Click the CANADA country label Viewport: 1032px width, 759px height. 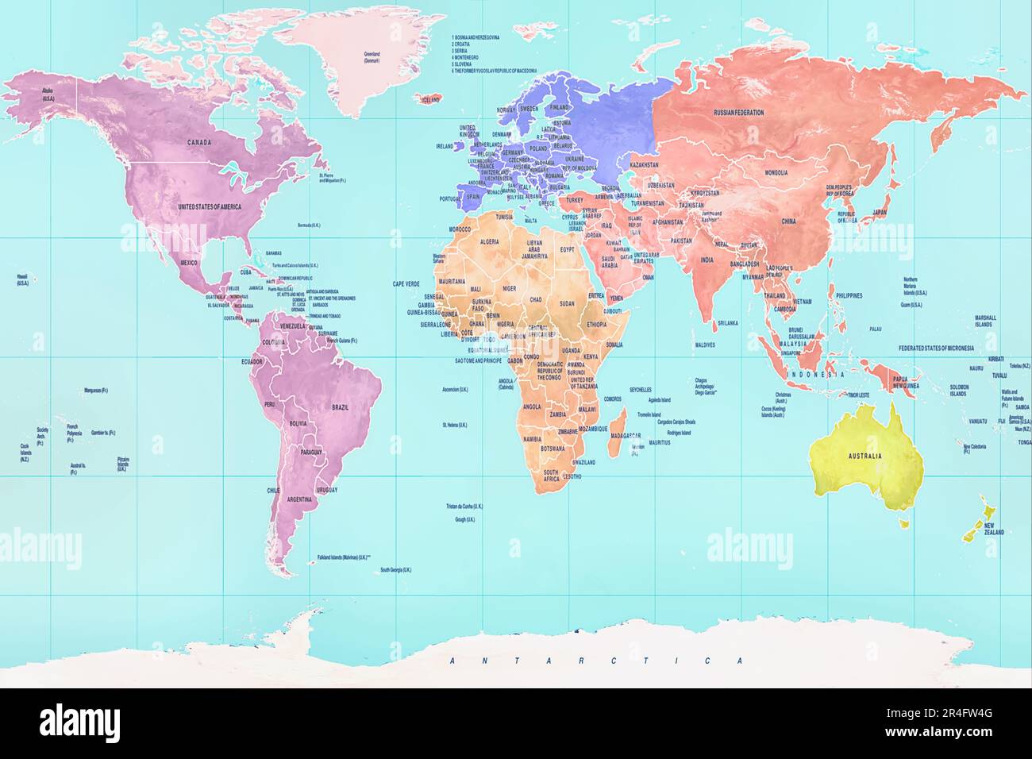[x=198, y=143]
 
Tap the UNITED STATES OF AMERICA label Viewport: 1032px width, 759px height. [x=210, y=206]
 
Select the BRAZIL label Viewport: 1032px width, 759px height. [x=340, y=407]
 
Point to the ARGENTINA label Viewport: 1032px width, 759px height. [x=300, y=499]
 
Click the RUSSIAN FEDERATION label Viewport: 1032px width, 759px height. [x=738, y=113]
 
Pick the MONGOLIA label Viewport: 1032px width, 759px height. [x=776, y=172]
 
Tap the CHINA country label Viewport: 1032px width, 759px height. [x=788, y=222]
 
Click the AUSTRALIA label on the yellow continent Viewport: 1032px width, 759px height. [x=864, y=457]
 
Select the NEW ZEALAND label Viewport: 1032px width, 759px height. [x=993, y=529]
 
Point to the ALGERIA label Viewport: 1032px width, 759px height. [x=489, y=241]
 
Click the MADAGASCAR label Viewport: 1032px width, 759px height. [x=626, y=435]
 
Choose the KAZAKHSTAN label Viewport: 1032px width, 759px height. [x=645, y=164]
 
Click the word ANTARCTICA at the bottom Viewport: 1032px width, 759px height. [x=595, y=661]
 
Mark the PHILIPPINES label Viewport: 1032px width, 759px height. [x=849, y=295]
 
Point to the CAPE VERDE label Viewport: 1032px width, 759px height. [x=406, y=283]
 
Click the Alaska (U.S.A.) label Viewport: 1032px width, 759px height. [x=48, y=94]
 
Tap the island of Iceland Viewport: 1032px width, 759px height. [x=429, y=99]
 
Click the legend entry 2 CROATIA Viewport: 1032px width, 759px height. [x=462, y=44]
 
